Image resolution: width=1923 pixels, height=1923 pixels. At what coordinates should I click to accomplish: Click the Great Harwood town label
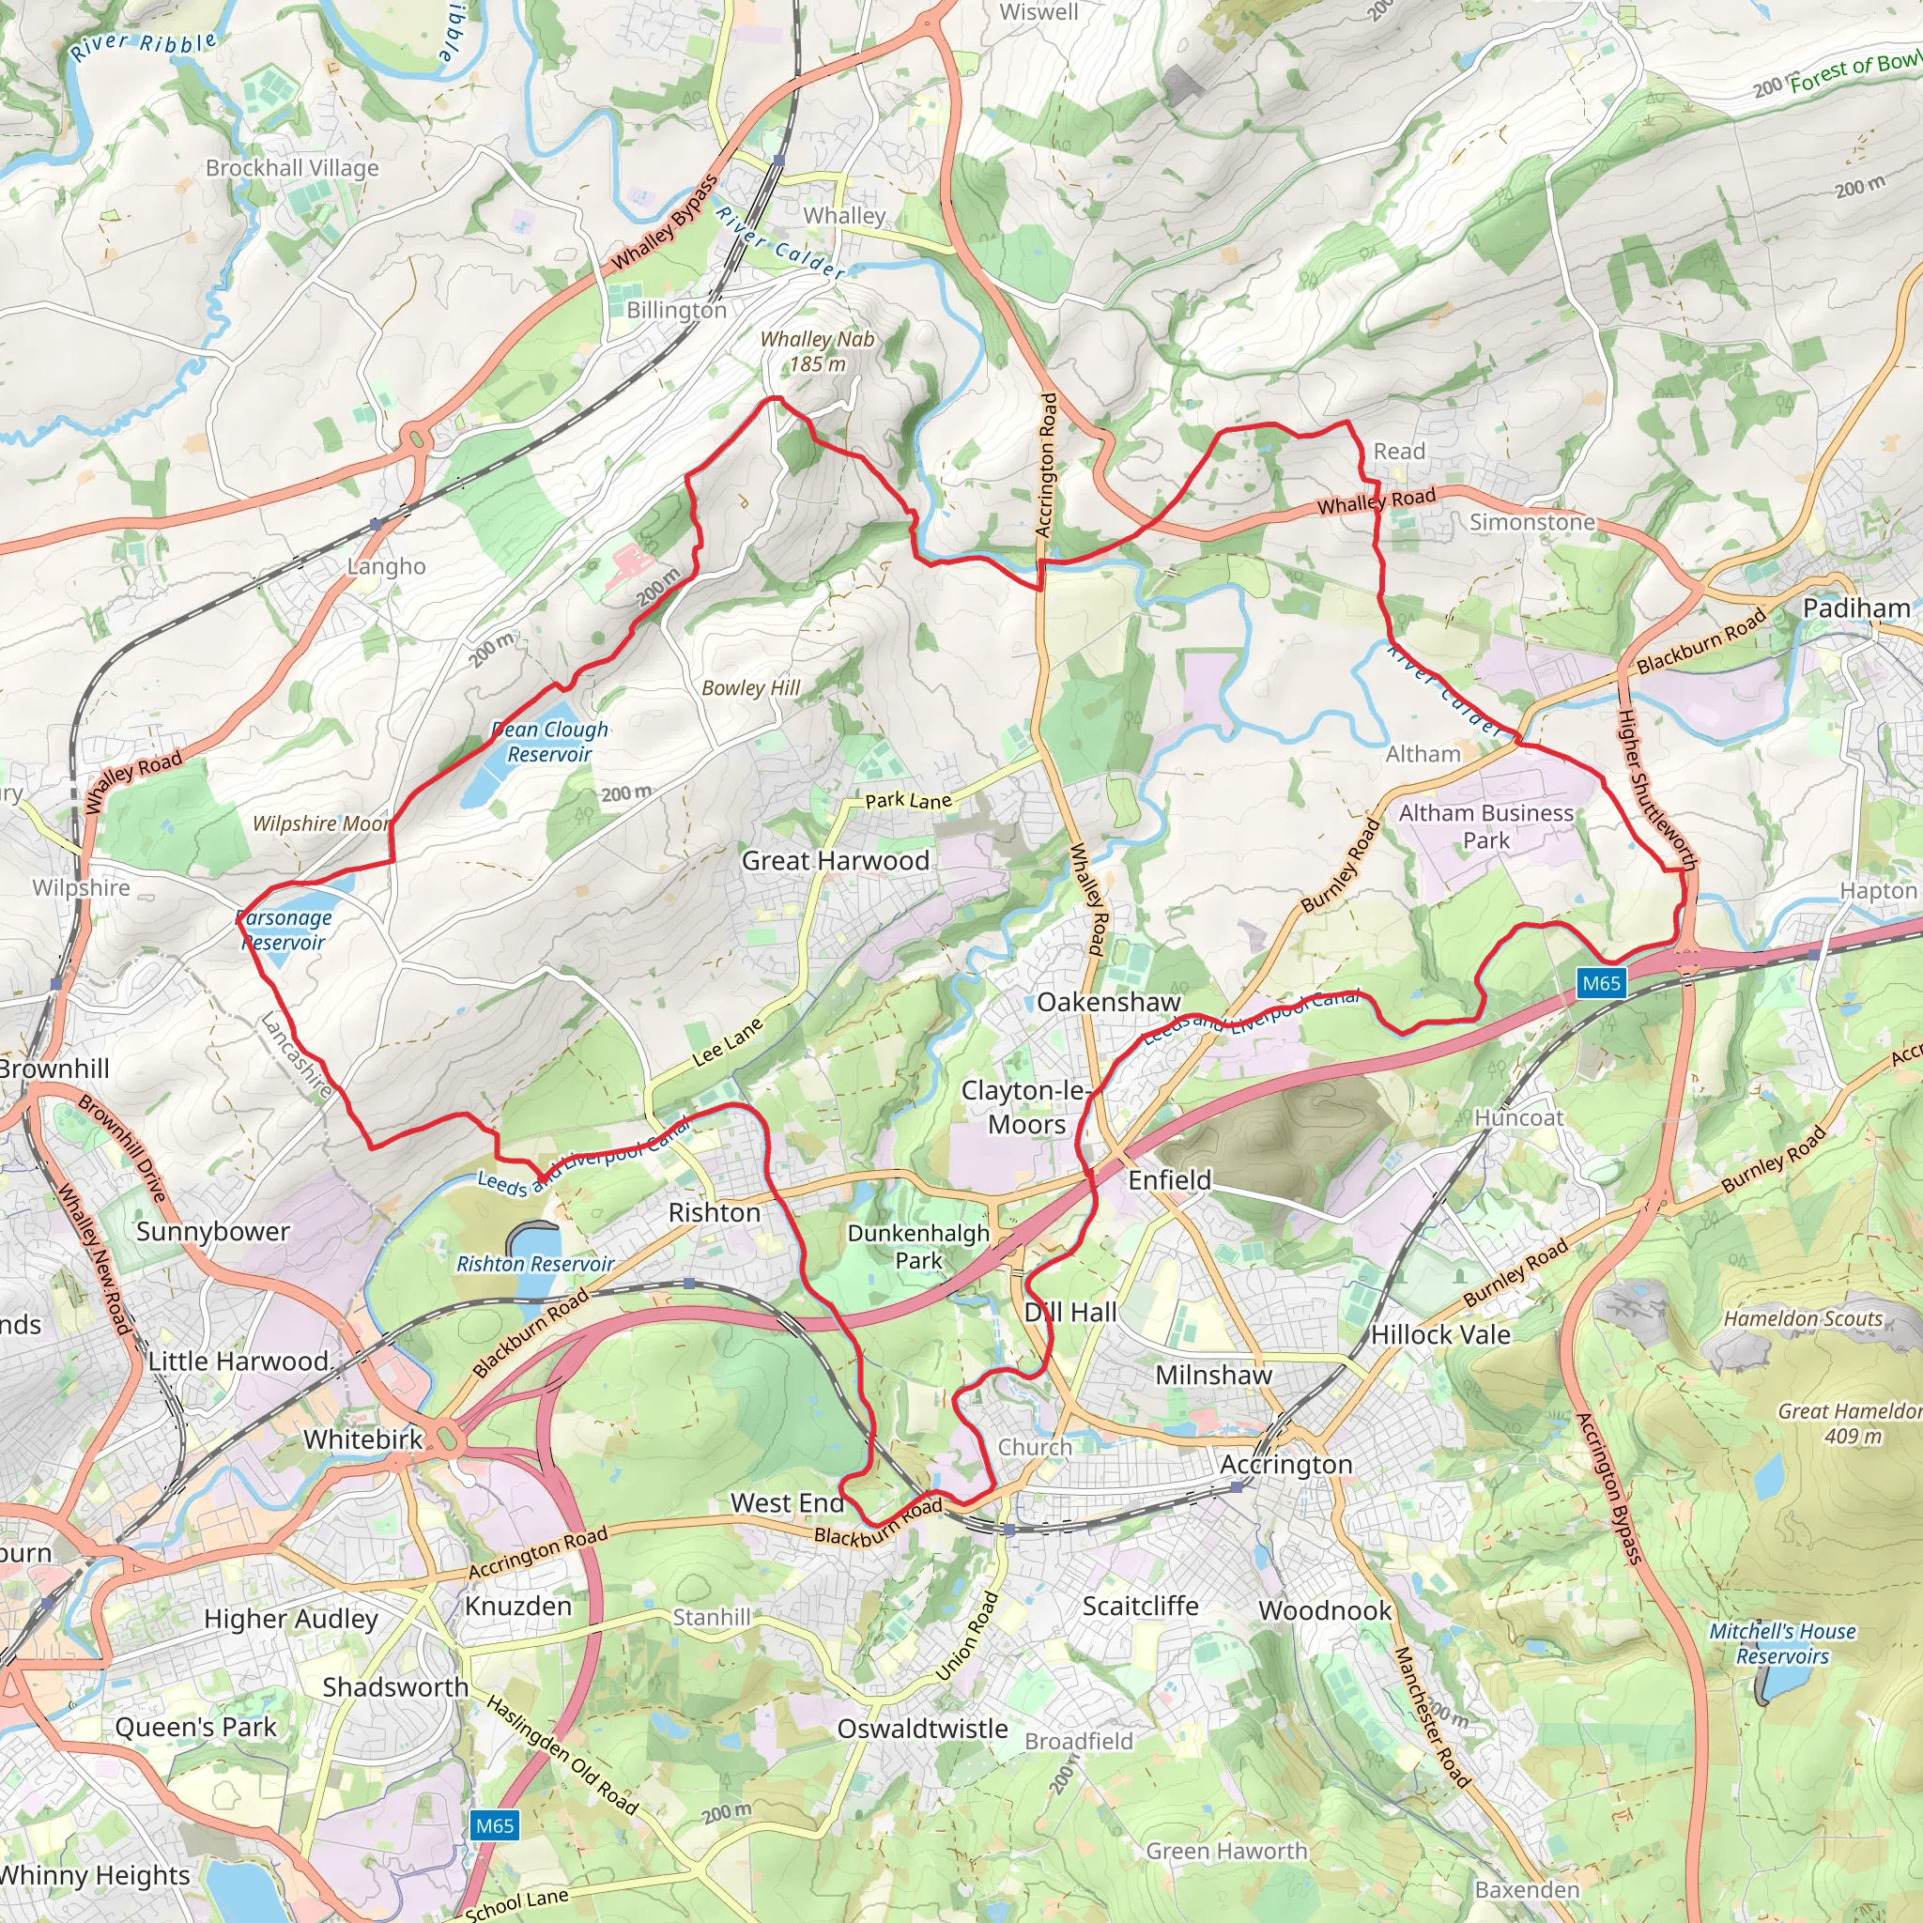(835, 861)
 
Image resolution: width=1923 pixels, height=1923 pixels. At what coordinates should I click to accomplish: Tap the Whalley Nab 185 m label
(817, 351)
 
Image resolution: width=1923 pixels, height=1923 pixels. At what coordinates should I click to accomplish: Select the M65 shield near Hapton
(1602, 983)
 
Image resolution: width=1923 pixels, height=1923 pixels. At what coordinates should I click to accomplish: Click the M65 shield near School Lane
(495, 1825)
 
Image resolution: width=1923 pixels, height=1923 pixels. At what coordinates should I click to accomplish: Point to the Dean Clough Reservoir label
(549, 742)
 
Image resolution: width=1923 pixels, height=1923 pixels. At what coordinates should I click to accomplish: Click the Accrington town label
(1286, 1464)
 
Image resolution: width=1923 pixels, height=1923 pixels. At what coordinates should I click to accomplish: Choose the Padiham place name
(1856, 608)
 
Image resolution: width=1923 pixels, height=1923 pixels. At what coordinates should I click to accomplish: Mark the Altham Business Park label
(1486, 826)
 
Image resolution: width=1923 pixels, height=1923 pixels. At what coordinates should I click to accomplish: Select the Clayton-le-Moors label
(1026, 1107)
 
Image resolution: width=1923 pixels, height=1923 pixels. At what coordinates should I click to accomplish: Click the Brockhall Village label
(292, 167)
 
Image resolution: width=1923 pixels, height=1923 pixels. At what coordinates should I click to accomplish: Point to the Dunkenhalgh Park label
(917, 1246)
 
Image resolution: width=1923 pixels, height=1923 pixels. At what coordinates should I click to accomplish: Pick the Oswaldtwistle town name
(922, 1729)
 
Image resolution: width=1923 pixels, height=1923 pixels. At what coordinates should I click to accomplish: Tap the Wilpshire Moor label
(321, 823)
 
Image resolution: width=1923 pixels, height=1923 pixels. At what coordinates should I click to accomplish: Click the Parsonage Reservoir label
(284, 930)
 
